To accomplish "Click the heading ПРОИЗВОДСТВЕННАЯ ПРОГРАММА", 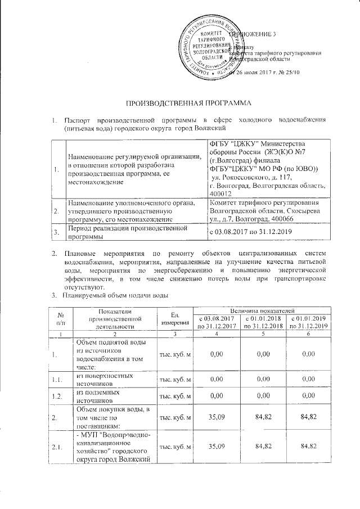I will click(181, 104).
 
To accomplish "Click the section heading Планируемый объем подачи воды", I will click(115, 295).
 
